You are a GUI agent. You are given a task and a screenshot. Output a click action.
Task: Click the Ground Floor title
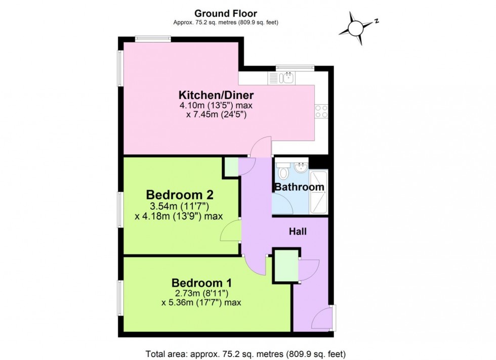click(x=225, y=14)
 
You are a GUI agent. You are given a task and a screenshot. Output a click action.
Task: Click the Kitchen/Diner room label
click(x=216, y=95)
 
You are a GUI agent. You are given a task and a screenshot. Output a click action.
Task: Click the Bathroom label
click(x=299, y=187)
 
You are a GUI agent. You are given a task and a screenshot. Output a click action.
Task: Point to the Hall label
click(x=298, y=232)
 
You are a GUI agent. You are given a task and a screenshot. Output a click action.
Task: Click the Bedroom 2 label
click(x=180, y=195)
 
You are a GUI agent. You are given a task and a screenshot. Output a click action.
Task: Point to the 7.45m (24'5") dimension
click(x=219, y=115)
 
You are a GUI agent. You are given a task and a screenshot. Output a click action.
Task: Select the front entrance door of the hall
click(x=322, y=319)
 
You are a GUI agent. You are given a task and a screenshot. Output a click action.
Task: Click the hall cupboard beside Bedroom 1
click(x=285, y=265)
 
